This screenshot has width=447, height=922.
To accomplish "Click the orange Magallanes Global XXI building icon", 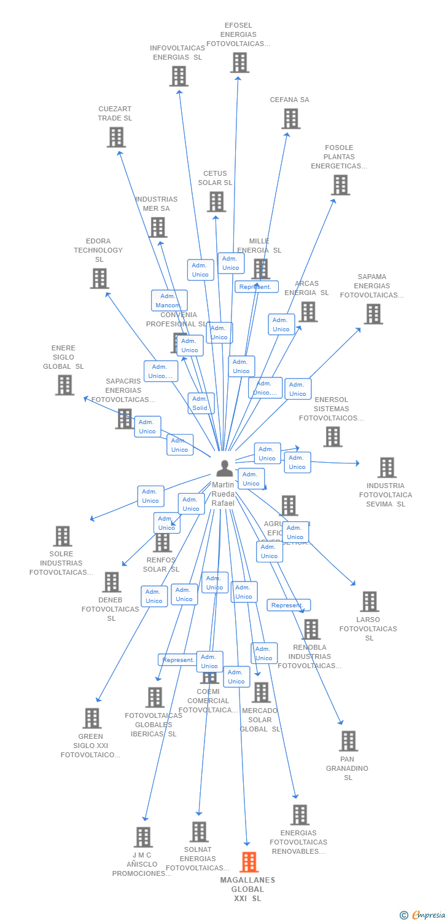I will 249,862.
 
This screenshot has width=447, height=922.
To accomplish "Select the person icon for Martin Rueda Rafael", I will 225,468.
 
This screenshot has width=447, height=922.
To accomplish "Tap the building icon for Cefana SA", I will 290,119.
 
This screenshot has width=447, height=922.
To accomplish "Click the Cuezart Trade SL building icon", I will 116,137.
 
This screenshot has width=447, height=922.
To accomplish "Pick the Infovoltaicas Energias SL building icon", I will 179,76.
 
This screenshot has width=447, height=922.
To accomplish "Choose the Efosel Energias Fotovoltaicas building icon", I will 239,62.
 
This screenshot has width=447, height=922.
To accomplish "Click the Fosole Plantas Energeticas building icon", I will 340,184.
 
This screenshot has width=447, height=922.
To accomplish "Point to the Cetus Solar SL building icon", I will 216,202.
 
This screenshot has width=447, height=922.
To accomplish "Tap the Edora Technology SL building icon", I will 99,278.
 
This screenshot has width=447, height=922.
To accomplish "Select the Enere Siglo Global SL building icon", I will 64,385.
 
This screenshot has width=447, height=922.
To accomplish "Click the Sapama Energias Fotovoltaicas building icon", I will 373,313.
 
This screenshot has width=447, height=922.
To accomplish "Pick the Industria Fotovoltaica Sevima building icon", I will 387,467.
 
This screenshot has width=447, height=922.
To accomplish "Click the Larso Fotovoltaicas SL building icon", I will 369,601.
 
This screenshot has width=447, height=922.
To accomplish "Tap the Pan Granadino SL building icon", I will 348,741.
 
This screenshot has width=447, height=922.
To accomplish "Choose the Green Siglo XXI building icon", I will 91,718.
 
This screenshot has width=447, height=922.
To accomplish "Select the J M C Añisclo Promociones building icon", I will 143,837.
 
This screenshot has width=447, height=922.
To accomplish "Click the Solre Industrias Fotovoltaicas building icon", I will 62,536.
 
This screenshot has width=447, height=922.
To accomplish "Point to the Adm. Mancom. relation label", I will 169,301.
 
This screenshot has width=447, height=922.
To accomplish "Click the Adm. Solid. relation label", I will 201,403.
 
